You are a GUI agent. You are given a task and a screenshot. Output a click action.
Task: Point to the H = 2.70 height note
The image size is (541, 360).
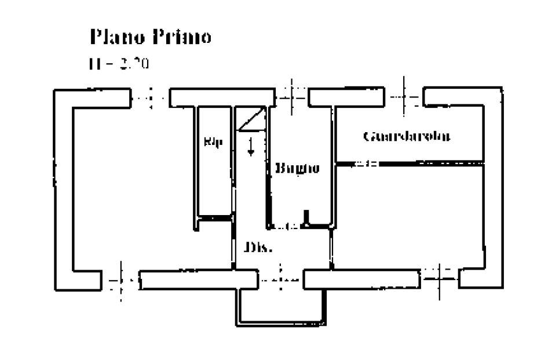point(119,63)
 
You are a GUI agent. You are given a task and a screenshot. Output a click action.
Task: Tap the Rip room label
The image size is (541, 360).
point(213,141)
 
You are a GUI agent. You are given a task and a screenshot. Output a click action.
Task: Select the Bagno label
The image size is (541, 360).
point(297,169)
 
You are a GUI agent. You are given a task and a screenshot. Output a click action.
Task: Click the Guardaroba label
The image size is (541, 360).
point(407,136)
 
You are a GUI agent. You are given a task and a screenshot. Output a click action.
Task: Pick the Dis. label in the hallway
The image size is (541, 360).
point(258,248)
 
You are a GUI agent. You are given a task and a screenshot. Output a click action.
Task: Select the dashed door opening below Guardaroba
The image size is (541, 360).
point(365,164)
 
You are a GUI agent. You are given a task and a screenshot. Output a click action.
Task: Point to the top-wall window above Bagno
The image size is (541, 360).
point(292,97)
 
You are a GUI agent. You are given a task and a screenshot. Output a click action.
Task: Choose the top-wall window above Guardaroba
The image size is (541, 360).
point(404,97)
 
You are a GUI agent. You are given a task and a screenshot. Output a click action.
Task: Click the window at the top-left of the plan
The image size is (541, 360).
point(149,97)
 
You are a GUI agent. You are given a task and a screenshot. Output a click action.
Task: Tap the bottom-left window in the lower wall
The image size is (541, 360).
point(122,281)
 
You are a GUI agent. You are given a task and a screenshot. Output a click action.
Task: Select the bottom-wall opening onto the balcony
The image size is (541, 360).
point(281,279)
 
